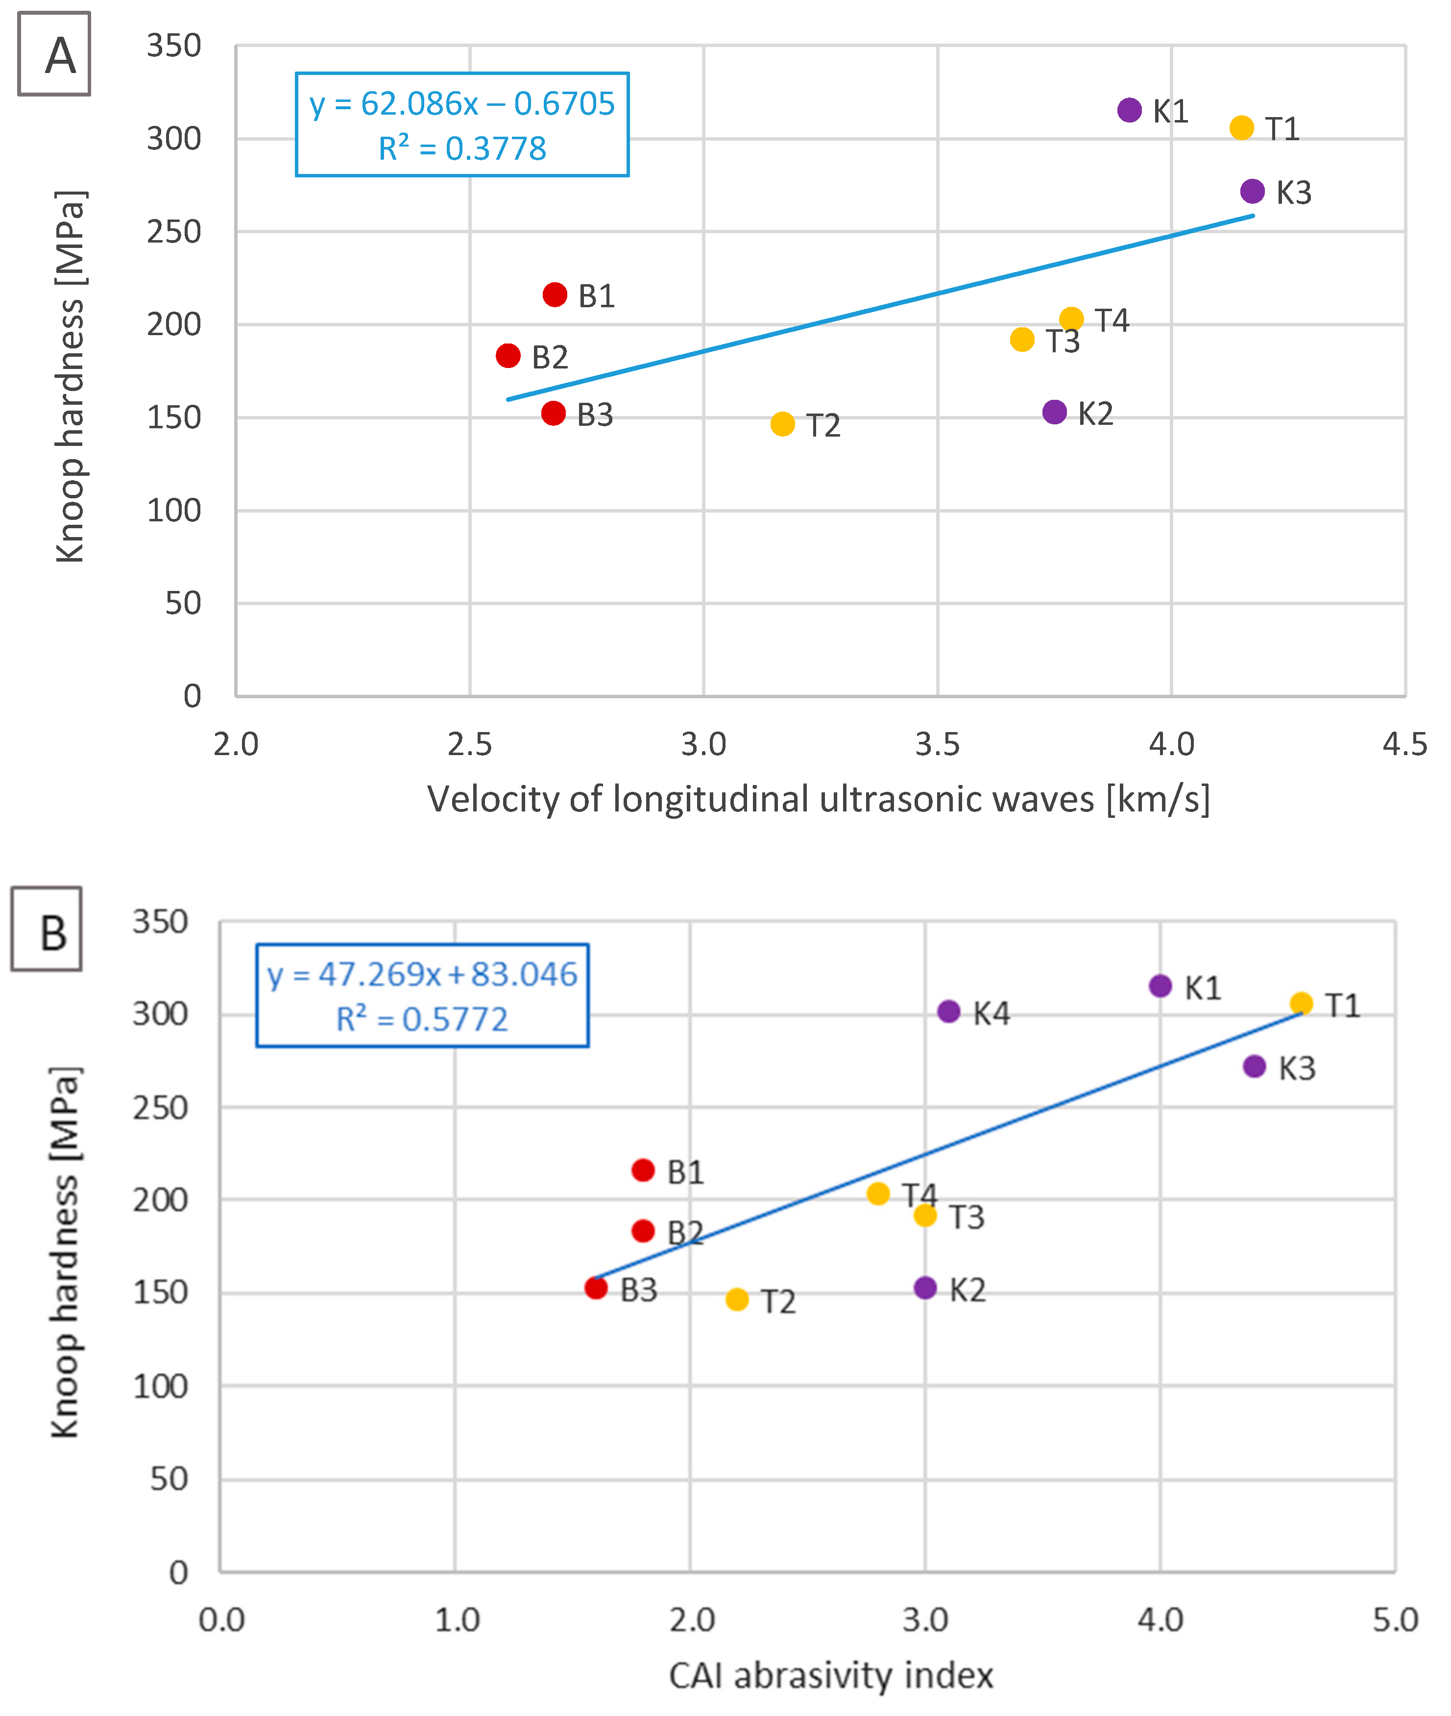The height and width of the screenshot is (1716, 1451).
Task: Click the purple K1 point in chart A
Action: click(1129, 110)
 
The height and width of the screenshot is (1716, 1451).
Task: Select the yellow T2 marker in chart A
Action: click(782, 424)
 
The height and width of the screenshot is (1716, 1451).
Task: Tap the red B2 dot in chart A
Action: click(508, 355)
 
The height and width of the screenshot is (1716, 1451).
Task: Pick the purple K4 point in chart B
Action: click(948, 1011)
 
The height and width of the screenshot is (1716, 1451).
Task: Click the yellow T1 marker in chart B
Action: click(1301, 1003)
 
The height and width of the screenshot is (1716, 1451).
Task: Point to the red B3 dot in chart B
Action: click(596, 1287)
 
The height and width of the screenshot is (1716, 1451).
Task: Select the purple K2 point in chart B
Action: click(925, 1287)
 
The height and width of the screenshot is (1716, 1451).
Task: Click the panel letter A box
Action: click(54, 54)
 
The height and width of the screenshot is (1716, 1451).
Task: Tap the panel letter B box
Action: click(47, 930)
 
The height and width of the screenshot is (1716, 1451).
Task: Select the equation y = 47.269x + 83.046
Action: click(422, 975)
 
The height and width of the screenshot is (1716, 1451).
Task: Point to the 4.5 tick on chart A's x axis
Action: click(1404, 744)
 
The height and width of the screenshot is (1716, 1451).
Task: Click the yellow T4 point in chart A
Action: click(1071, 319)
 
